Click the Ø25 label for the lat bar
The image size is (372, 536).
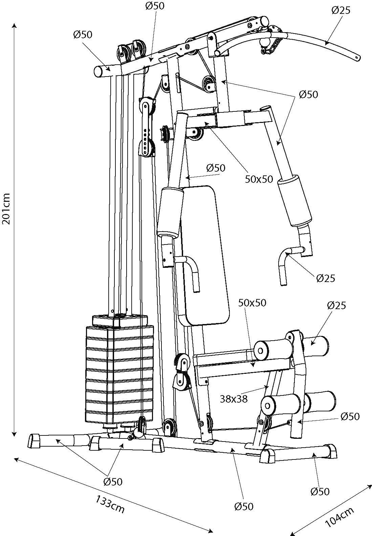tap(341, 10)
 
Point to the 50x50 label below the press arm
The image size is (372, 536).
tap(259, 179)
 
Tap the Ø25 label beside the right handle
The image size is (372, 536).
tap(326, 278)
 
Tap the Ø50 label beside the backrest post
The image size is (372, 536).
tap(215, 168)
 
